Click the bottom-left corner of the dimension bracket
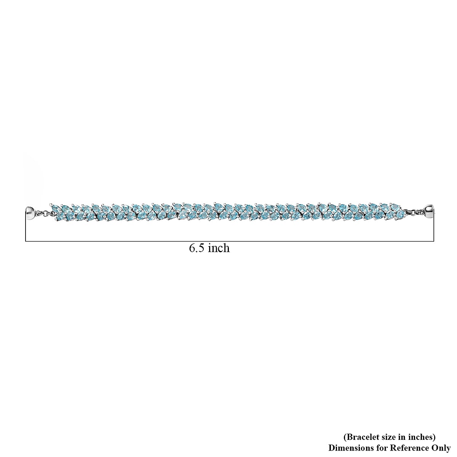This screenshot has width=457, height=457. [26, 241]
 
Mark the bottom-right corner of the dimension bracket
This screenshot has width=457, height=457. [434, 241]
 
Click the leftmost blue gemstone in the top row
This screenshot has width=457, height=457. [56, 208]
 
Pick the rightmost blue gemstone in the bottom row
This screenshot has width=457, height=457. [399, 215]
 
